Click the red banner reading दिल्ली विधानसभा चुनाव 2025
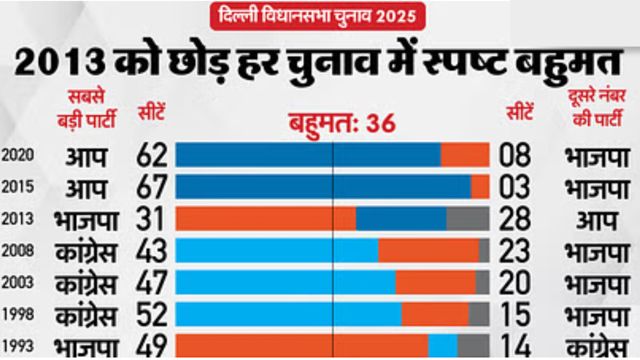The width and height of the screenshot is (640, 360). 317,16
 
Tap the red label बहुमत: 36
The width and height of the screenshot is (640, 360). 342,123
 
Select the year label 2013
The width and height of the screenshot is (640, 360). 17,219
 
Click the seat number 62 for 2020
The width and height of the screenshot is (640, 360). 151,155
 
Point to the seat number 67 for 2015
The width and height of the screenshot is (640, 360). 151,187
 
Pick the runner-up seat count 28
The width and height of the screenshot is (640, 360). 514,219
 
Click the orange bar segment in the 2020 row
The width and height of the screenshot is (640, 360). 464,155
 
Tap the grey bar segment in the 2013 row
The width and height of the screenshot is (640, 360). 467,219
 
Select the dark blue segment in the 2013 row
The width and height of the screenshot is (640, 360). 401,219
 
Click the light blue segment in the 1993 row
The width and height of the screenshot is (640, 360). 442,346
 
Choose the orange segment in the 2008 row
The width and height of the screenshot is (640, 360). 428,250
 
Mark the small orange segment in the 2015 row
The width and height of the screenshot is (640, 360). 480,187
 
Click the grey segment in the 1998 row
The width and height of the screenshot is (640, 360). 478,314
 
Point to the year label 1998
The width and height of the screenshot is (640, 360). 17,314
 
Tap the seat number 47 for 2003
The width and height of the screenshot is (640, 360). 151,282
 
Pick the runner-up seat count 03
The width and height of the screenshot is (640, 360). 514,187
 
